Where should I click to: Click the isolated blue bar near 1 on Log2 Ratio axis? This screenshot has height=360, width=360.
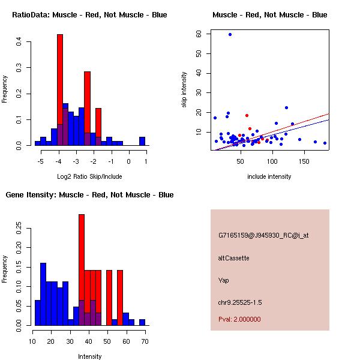click(x=142, y=142)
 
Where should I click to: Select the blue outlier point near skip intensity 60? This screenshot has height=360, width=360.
click(x=230, y=34)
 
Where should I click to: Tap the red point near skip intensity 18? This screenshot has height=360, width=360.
click(x=247, y=115)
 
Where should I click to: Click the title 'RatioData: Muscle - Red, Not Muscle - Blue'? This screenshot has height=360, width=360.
click(x=89, y=14)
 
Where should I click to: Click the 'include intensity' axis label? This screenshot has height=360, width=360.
click(x=269, y=176)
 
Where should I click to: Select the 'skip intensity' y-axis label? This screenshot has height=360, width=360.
click(x=185, y=90)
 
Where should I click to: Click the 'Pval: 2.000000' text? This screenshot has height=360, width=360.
click(x=239, y=319)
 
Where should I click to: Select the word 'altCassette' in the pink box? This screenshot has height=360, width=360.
click(x=233, y=258)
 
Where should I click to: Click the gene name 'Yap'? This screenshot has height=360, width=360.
click(x=223, y=280)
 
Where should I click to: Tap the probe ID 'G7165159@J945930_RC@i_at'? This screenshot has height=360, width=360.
click(x=263, y=236)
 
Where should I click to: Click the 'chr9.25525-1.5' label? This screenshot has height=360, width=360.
click(x=240, y=302)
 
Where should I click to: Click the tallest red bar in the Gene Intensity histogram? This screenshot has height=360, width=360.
click(x=82, y=270)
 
